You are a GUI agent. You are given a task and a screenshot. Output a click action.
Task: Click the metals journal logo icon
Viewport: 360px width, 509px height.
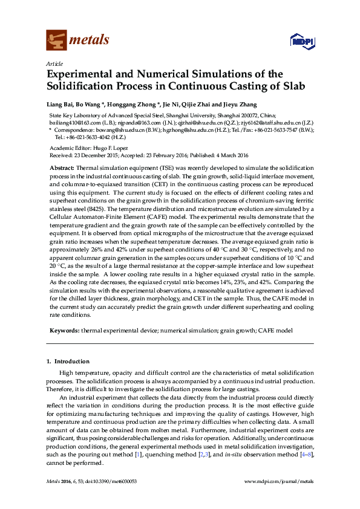56,40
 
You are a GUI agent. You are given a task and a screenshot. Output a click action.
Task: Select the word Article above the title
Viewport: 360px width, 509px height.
55,63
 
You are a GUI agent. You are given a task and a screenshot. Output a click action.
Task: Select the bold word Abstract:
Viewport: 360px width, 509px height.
62,167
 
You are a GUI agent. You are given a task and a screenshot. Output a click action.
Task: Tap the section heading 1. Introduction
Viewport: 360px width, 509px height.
68,361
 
